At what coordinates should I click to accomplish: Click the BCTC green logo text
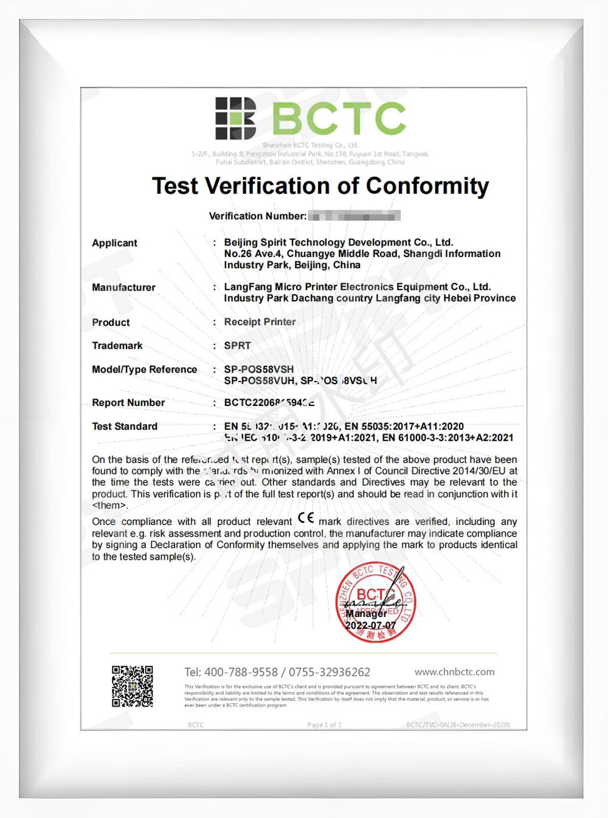point(339,118)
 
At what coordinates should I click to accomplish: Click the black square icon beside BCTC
point(235,118)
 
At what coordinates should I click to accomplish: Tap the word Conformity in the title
point(427,186)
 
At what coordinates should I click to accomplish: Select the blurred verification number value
point(354,216)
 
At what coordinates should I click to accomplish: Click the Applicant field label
point(114,243)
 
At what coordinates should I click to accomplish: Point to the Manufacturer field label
point(123,287)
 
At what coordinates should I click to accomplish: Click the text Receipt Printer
point(260,322)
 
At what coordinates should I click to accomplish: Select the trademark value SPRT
point(237,346)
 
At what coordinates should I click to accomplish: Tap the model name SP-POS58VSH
point(258,369)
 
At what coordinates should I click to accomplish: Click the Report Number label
point(128,403)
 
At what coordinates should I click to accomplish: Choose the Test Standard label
point(125,427)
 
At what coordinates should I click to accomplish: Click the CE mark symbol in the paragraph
point(306,519)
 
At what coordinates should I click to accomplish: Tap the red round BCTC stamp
point(376,602)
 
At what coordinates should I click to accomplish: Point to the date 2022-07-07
point(371,625)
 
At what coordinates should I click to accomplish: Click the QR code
point(132,686)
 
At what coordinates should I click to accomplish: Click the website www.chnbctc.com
point(454,672)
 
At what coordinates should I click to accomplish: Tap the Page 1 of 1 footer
point(324,724)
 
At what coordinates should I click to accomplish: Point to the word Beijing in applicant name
point(241,242)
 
